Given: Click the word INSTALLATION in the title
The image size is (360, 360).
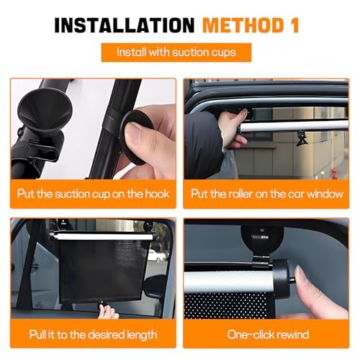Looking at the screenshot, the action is tap(125, 25).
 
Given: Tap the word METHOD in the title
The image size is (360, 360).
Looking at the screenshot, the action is tap(243, 25).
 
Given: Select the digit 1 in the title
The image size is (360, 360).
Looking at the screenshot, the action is tap(294, 25).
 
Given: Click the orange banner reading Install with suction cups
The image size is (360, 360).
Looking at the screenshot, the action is tap(176, 53).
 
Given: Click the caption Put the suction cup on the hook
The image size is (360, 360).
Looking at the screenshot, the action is tap(93, 194).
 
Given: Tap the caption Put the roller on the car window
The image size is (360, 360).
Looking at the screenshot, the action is tap(267, 194).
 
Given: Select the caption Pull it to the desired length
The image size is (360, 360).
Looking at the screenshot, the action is tap(93, 335).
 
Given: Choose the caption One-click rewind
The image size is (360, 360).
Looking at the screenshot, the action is tap(268, 335).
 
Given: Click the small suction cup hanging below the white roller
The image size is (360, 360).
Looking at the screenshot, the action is tap(302, 139).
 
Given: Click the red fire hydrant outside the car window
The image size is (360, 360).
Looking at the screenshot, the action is tap(334, 173).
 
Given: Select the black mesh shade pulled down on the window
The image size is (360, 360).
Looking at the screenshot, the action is tap(102, 270).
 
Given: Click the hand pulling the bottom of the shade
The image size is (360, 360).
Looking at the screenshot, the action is tap(108, 311).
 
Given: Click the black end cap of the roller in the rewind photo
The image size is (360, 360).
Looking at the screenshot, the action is tap(282, 278).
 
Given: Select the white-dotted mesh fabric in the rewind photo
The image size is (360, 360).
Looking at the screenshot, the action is tap(225, 305).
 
